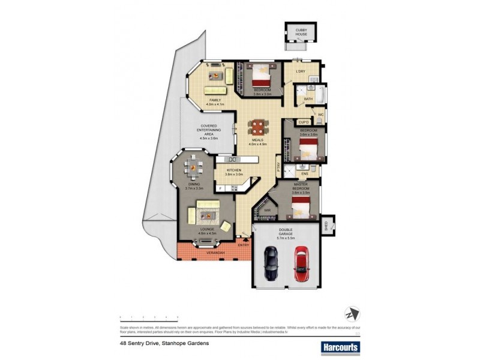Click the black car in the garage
pos(271,263)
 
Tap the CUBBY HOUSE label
pos(299,32)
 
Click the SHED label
pos(326,225)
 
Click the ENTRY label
pos(243,245)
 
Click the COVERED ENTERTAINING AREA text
pos(210,132)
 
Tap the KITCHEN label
pos(233,171)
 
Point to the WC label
pos(320,114)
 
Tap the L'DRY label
pos(301,72)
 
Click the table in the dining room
pos(194,167)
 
